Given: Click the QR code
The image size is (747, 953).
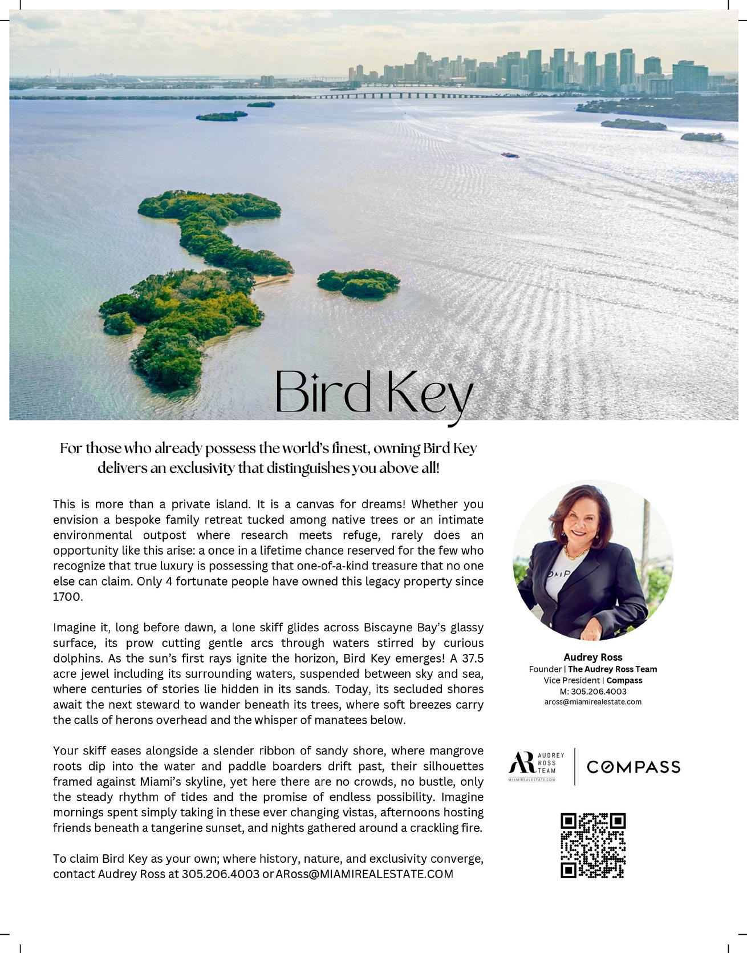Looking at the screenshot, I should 593,845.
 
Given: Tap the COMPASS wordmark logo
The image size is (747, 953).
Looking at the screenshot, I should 634,767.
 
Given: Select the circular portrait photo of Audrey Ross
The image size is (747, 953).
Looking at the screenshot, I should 592,560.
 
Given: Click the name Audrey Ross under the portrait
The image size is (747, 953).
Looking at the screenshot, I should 593,657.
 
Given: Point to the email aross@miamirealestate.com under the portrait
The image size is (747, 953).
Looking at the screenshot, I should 593,702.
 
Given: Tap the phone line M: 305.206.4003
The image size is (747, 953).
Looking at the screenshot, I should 593,691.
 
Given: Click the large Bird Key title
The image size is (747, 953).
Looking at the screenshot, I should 374,394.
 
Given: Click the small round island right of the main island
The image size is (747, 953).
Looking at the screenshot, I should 359,282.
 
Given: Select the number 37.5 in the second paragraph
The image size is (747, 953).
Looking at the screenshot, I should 472,659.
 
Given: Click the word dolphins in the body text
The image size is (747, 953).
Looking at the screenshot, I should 76,659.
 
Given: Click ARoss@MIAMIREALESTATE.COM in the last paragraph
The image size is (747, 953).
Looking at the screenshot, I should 364,874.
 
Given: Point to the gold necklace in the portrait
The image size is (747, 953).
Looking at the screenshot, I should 576,553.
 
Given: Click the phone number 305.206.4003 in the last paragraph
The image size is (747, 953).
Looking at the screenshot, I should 221,874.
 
